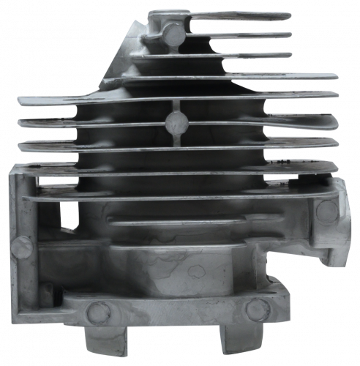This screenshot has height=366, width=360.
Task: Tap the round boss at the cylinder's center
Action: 176,121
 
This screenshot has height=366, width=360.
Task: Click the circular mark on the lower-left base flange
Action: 94,312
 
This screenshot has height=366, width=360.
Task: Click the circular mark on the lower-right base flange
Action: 255,310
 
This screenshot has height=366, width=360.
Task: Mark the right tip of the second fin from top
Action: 291,34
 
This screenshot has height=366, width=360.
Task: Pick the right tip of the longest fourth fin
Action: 337,75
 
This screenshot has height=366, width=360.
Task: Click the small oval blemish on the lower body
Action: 196,272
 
